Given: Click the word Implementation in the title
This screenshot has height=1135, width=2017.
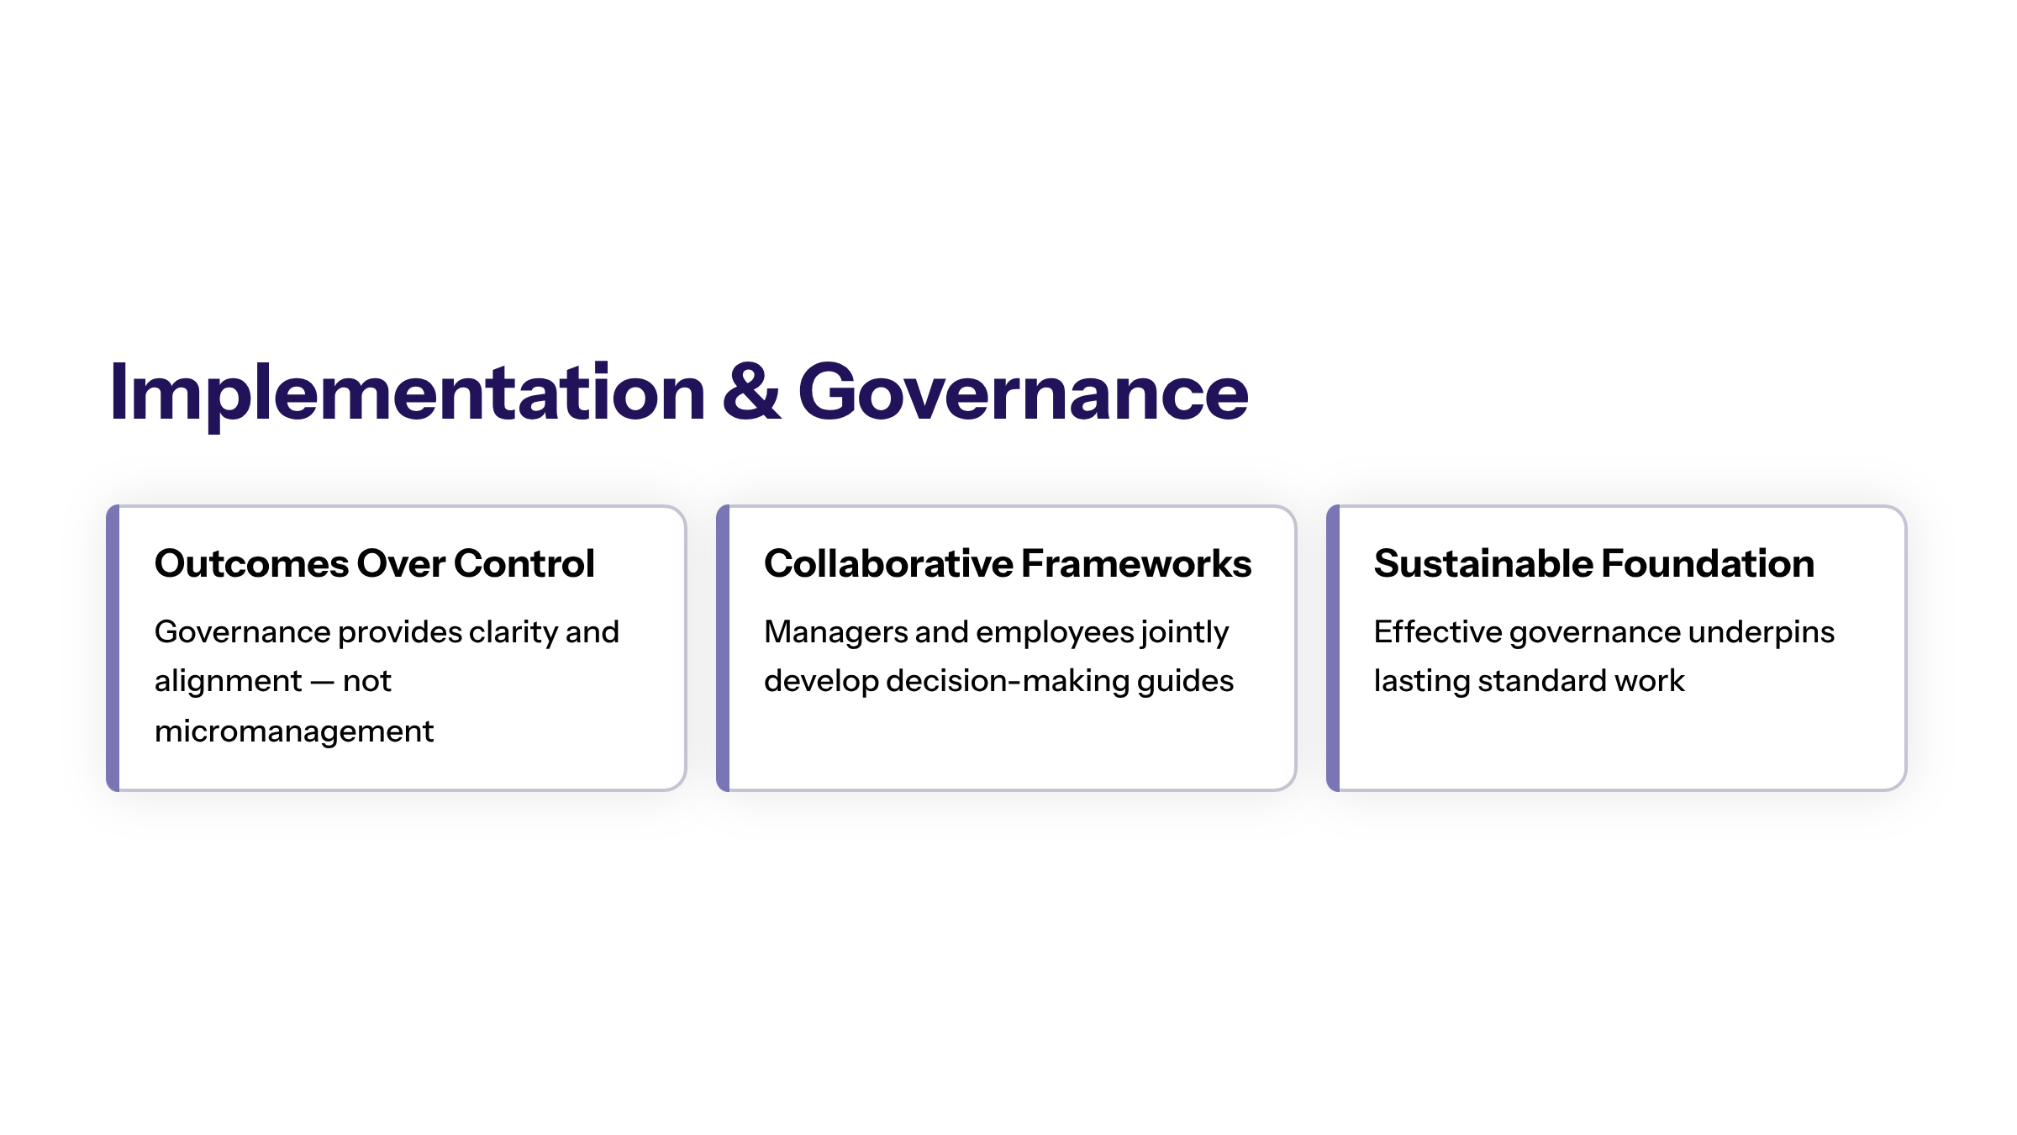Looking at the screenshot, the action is tap(408, 393).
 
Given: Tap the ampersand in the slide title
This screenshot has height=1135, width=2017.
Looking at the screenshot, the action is tap(751, 392).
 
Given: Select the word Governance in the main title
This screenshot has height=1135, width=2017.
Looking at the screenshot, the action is tap(1023, 392).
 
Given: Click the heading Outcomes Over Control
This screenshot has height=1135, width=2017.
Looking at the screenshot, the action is tap(375, 563).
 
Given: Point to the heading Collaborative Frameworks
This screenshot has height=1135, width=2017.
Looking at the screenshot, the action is tap(1008, 563).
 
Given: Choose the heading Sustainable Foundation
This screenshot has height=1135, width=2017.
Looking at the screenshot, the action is tap(1594, 563).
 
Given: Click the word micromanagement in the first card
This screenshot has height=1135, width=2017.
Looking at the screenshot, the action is tap(294, 732).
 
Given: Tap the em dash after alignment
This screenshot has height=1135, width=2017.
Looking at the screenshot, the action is tap(323, 682).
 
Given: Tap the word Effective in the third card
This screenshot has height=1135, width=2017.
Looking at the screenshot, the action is tap(1438, 632).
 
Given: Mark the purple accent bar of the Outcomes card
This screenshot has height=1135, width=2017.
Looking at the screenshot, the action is tap(113, 648).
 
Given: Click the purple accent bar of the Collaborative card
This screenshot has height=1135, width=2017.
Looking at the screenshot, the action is tap(724, 648).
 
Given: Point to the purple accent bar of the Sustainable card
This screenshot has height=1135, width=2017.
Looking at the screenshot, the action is tap(1334, 648).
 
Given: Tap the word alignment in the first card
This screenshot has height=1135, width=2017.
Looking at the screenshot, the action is tap(228, 682).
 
